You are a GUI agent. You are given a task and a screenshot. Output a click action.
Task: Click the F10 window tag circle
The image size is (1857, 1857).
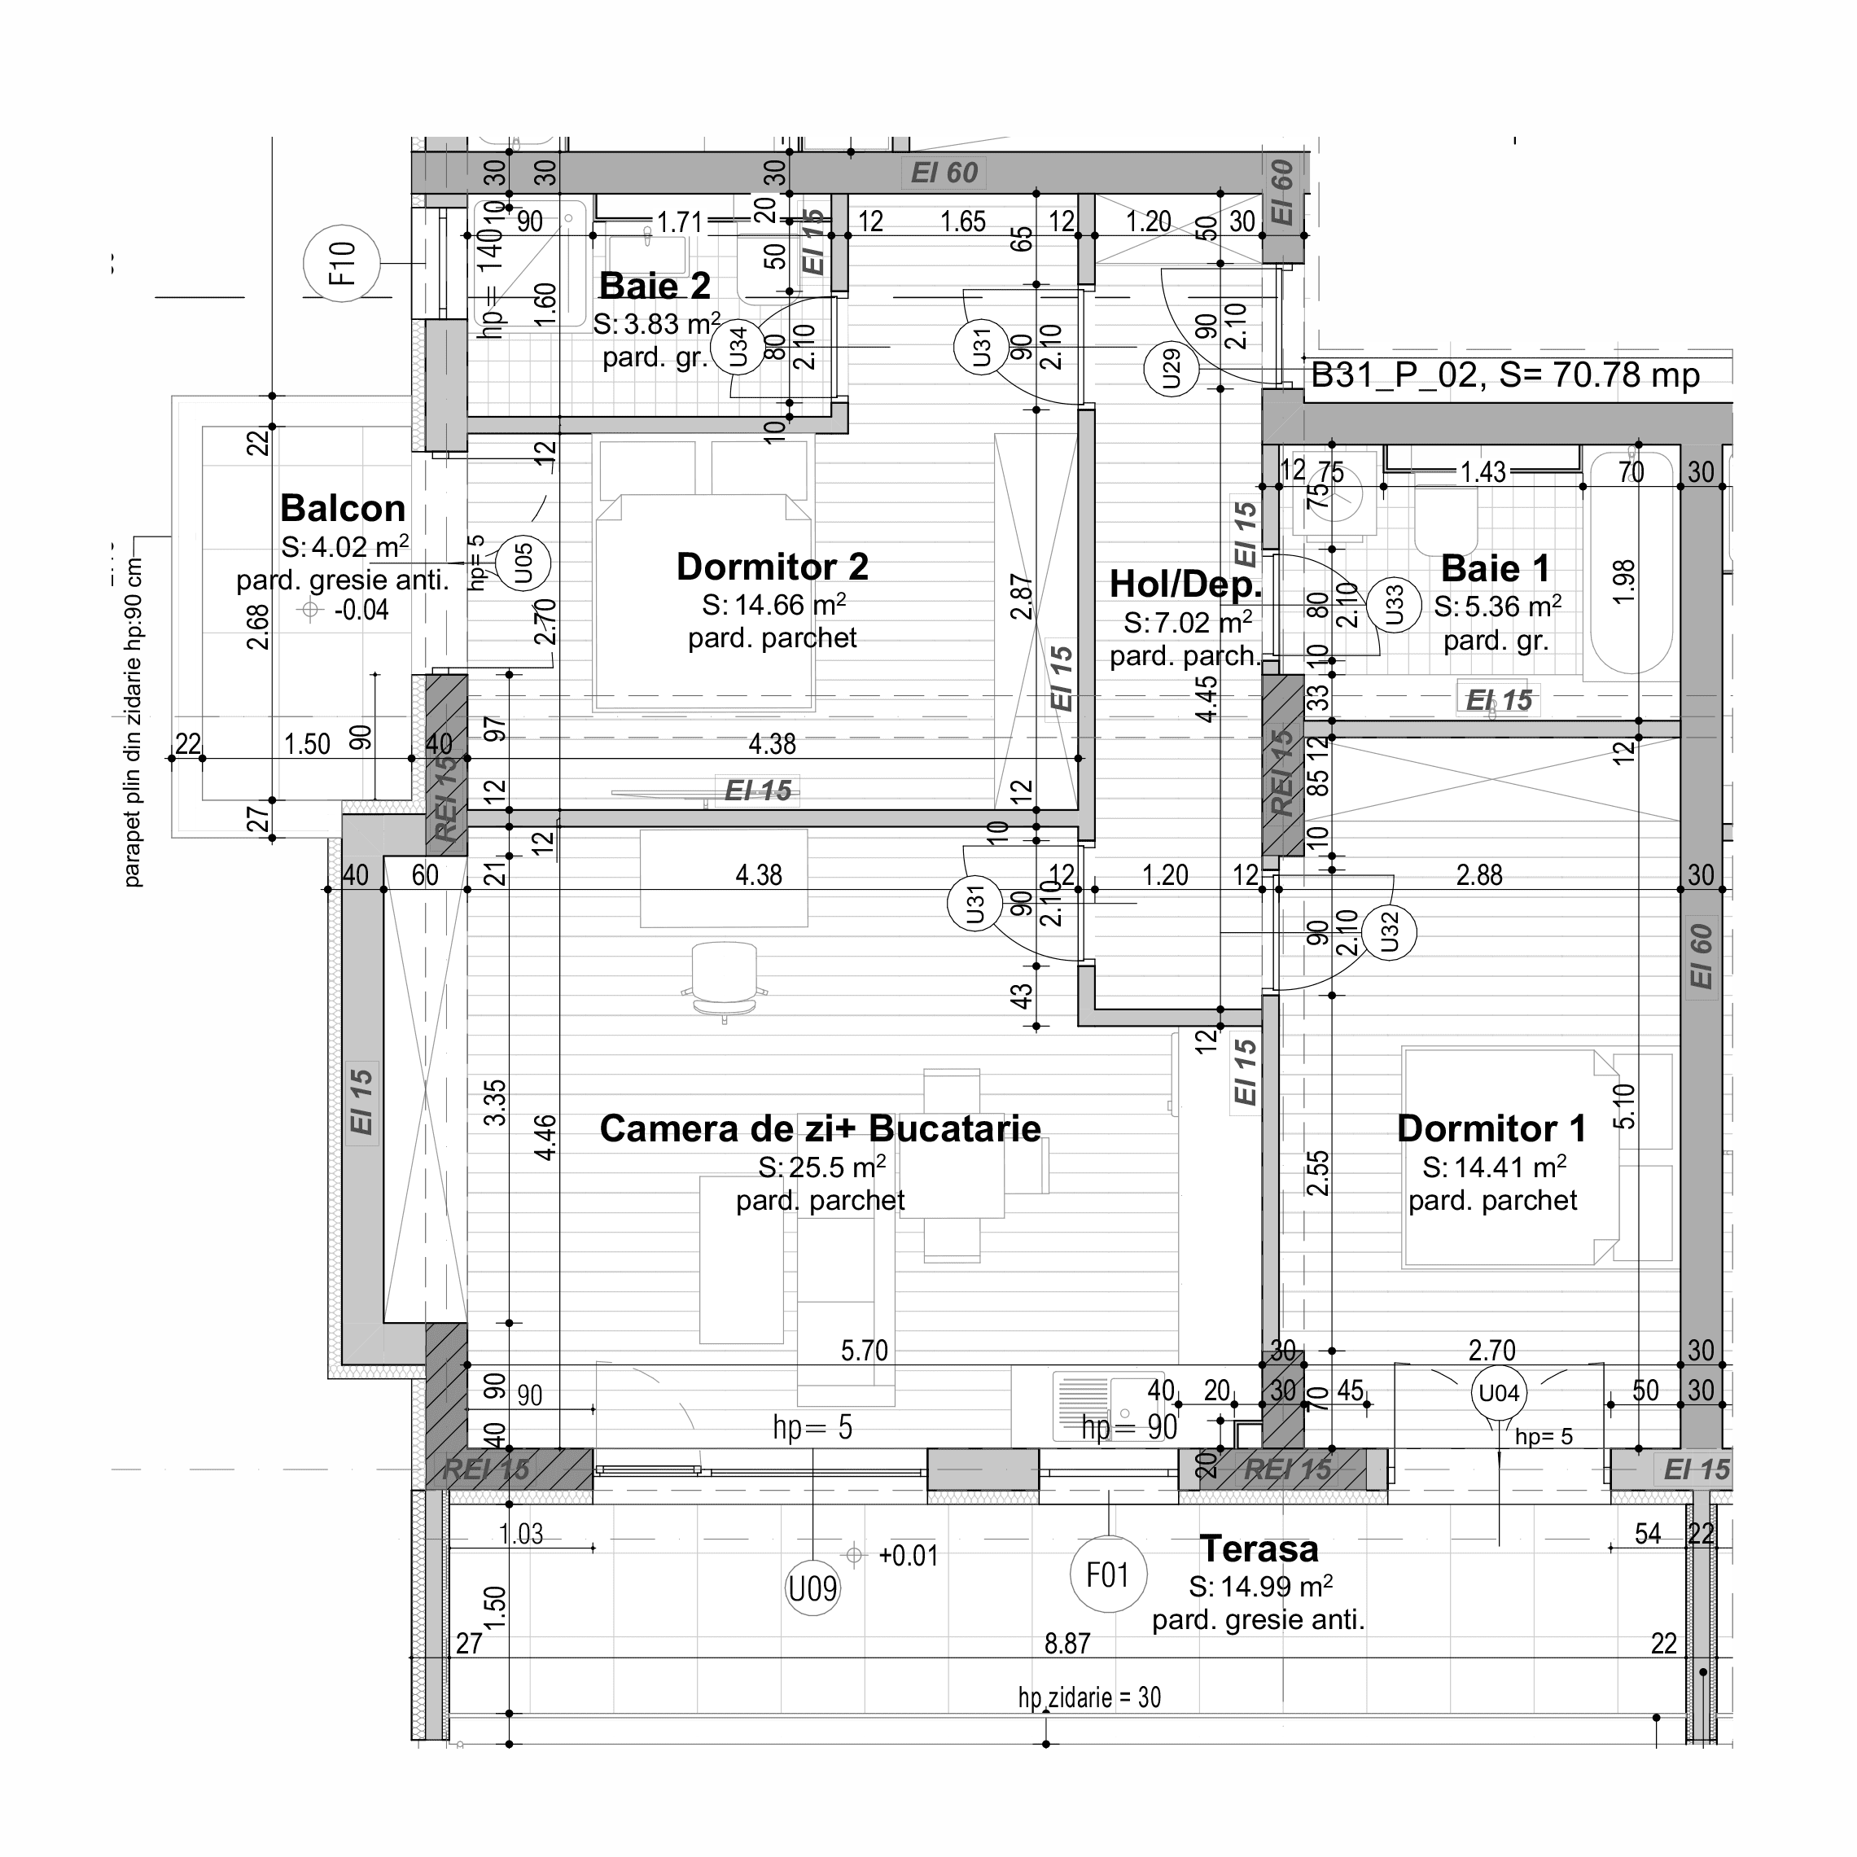click(x=342, y=263)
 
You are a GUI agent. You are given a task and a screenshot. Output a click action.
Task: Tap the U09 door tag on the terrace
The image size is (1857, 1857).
click(x=813, y=1589)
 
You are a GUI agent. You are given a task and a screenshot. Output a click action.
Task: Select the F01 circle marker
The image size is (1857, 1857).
click(x=1107, y=1575)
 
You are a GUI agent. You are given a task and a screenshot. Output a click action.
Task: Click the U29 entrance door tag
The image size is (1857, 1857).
click(x=1171, y=369)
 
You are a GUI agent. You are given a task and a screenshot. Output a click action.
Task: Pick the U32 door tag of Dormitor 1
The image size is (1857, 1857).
click(x=1389, y=931)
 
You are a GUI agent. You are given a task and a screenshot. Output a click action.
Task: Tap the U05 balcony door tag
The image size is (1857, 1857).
click(x=523, y=563)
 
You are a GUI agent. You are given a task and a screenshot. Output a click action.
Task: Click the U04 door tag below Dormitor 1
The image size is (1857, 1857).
click(x=1499, y=1393)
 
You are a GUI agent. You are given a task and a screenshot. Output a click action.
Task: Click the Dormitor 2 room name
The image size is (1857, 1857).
click(x=772, y=567)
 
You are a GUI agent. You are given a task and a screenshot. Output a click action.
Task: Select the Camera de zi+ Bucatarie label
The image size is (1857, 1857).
click(x=820, y=1128)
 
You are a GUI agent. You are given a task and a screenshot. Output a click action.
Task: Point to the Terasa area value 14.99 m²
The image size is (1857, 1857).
click(x=1259, y=1586)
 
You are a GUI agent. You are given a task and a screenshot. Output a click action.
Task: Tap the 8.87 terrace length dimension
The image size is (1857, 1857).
click(x=1067, y=1644)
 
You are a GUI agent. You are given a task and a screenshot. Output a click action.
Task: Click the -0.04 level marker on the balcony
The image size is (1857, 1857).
click(x=361, y=611)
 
